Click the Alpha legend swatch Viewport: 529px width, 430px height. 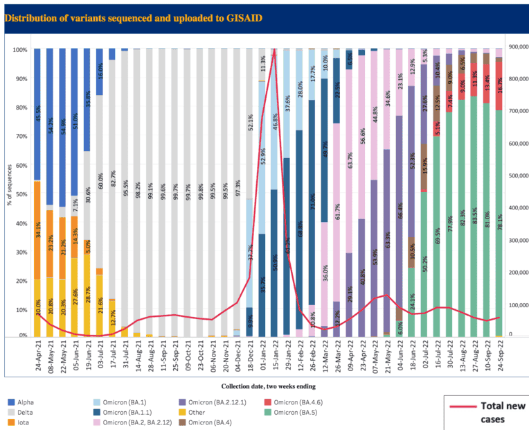pos(11,400)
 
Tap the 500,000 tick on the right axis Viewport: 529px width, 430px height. pos(516,175)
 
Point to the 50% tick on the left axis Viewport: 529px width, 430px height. pos(21,193)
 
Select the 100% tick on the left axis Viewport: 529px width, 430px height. pos(19,50)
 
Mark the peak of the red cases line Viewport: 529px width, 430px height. pos(274,50)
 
